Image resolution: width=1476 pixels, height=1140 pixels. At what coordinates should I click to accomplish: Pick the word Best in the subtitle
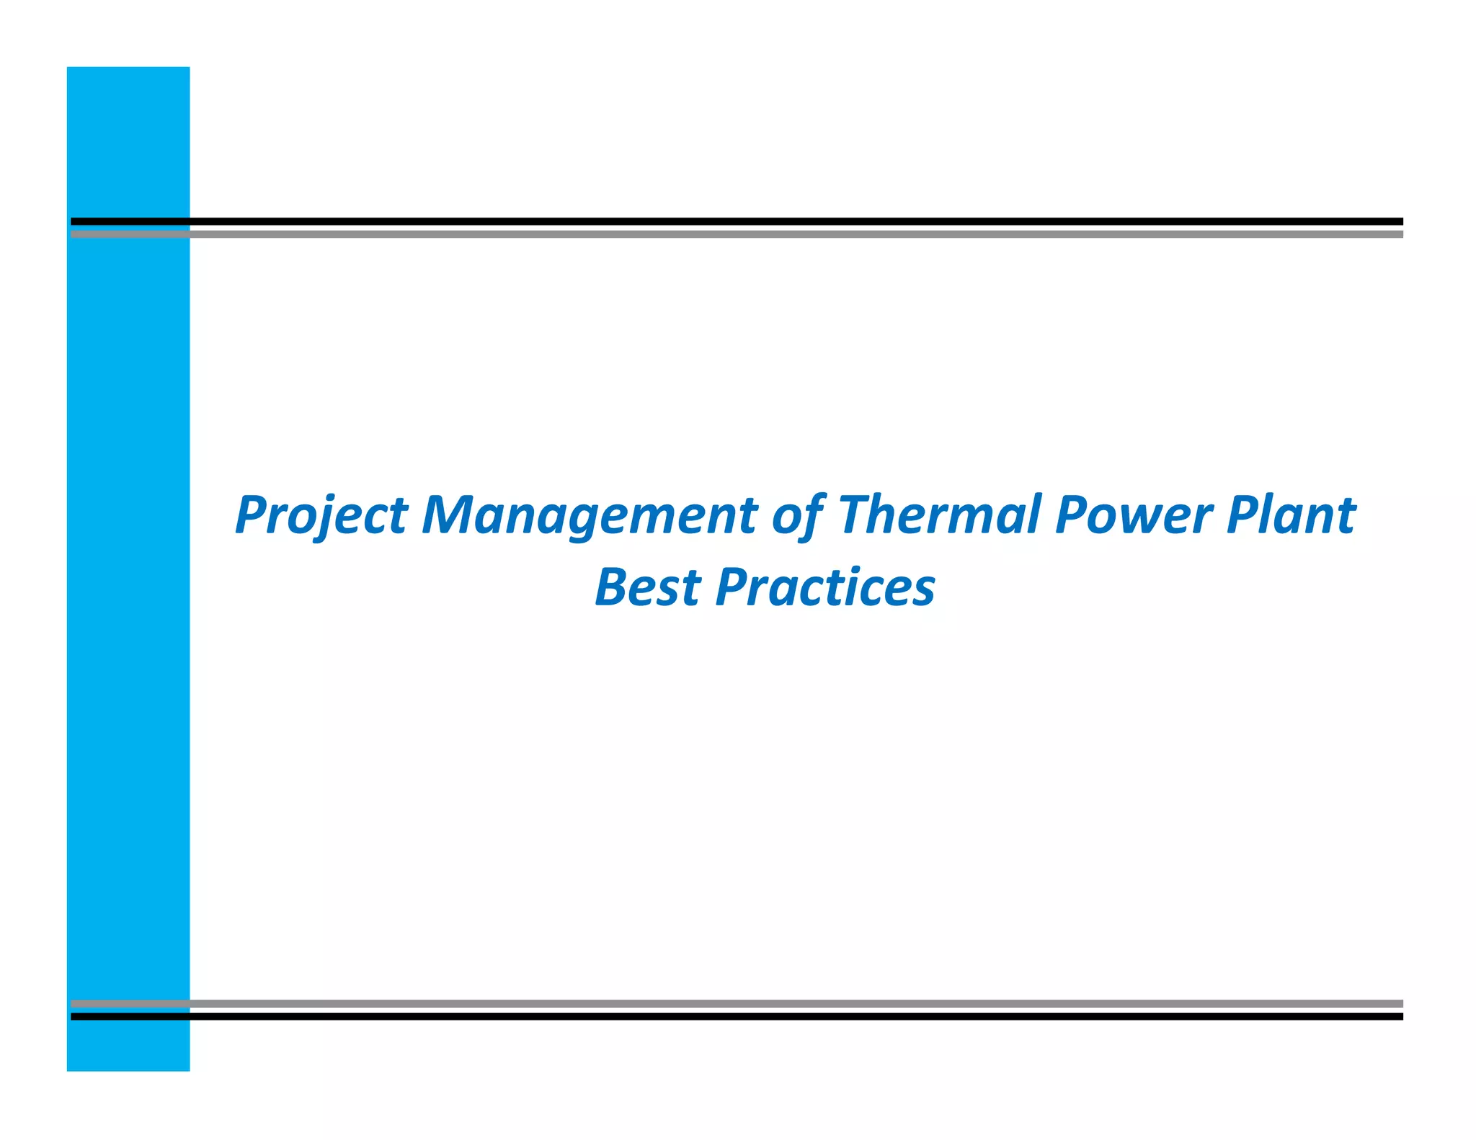647,587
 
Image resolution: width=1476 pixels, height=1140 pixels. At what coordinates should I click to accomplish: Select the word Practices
825,587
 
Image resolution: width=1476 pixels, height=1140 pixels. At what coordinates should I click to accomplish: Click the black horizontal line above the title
793,221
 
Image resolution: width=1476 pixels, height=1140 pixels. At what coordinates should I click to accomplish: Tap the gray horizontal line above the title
793,234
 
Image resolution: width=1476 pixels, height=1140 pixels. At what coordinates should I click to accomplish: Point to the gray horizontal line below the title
793,1003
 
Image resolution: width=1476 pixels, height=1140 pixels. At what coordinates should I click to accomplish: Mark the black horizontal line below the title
793,1016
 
